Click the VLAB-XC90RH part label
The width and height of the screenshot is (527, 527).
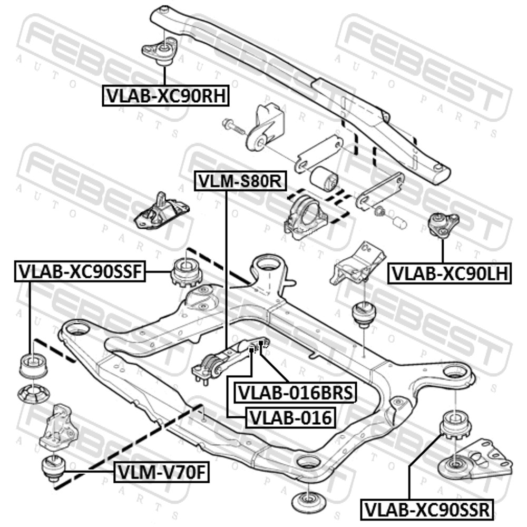coord(165,96)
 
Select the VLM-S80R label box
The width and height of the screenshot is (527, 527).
coord(241,181)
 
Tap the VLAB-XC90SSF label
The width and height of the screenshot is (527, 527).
coord(80,271)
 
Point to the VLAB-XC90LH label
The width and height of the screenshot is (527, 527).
coord(450,274)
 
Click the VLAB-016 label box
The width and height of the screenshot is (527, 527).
coord(291,418)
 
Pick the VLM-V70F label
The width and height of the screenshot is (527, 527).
coord(161,473)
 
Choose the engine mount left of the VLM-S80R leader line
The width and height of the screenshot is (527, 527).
coord(161,211)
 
